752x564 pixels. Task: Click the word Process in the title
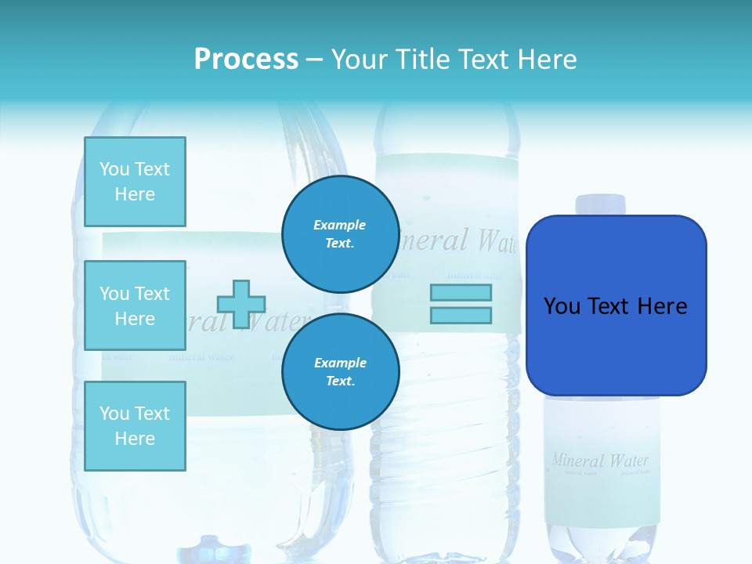pos(246,60)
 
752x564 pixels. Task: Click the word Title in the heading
pos(421,60)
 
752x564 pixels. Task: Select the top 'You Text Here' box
pos(135,182)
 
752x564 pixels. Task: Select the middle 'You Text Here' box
pos(135,305)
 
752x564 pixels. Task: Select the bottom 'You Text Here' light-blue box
pos(135,426)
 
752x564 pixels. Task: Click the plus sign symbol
pos(241,304)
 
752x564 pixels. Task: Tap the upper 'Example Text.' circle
pos(340,234)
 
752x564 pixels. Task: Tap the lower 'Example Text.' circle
pos(340,372)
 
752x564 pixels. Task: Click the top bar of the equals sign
pos(461,292)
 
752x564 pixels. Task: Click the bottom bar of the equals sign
pos(461,315)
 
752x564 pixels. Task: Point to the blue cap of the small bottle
pos(601,204)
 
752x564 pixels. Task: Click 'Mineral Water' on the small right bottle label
pos(600,460)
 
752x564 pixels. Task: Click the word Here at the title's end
pos(548,60)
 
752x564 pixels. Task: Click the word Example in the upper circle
pos(340,225)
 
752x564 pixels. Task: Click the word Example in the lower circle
pos(340,363)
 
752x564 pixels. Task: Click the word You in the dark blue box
pos(561,306)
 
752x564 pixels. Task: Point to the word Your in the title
pos(359,60)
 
